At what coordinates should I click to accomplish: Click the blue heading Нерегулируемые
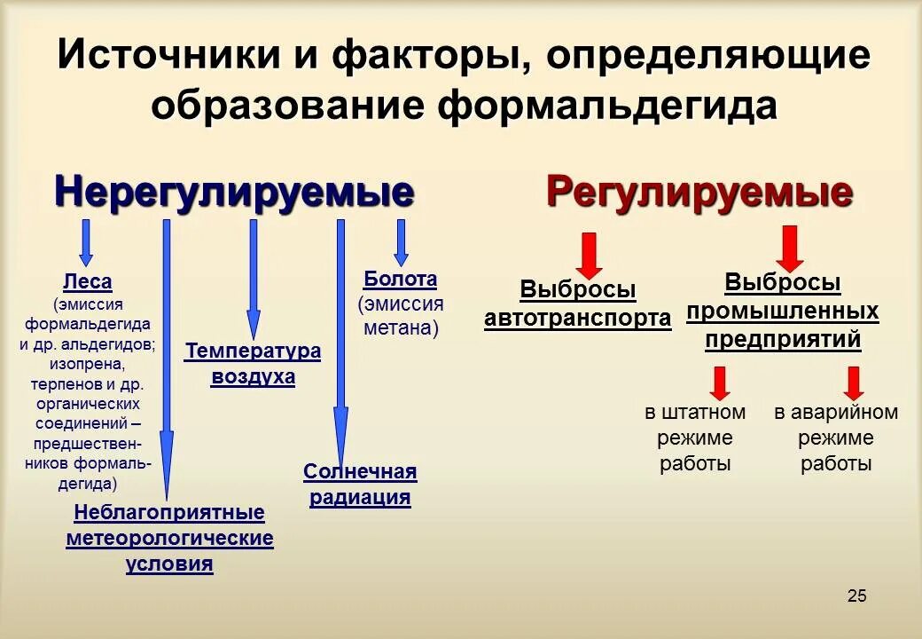(234, 191)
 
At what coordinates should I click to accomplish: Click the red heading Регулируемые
(699, 191)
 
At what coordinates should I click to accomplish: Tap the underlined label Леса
(87, 282)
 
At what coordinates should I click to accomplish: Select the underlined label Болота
(400, 280)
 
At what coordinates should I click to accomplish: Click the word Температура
(253, 351)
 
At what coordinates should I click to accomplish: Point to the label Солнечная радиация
(360, 484)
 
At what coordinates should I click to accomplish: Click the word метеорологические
(169, 539)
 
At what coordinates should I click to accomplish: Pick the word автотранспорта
(577, 319)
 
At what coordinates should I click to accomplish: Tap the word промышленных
(783, 312)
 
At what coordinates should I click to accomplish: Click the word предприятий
(783, 340)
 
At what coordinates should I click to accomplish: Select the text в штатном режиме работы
(695, 438)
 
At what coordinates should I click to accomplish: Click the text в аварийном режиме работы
(835, 438)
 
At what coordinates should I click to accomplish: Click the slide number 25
(856, 596)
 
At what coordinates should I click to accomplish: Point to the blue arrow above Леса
(86, 241)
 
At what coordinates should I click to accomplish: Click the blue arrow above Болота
(401, 241)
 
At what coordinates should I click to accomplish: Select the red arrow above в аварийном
(854, 383)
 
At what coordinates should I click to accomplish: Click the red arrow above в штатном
(719, 383)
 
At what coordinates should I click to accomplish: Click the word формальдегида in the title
(607, 105)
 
